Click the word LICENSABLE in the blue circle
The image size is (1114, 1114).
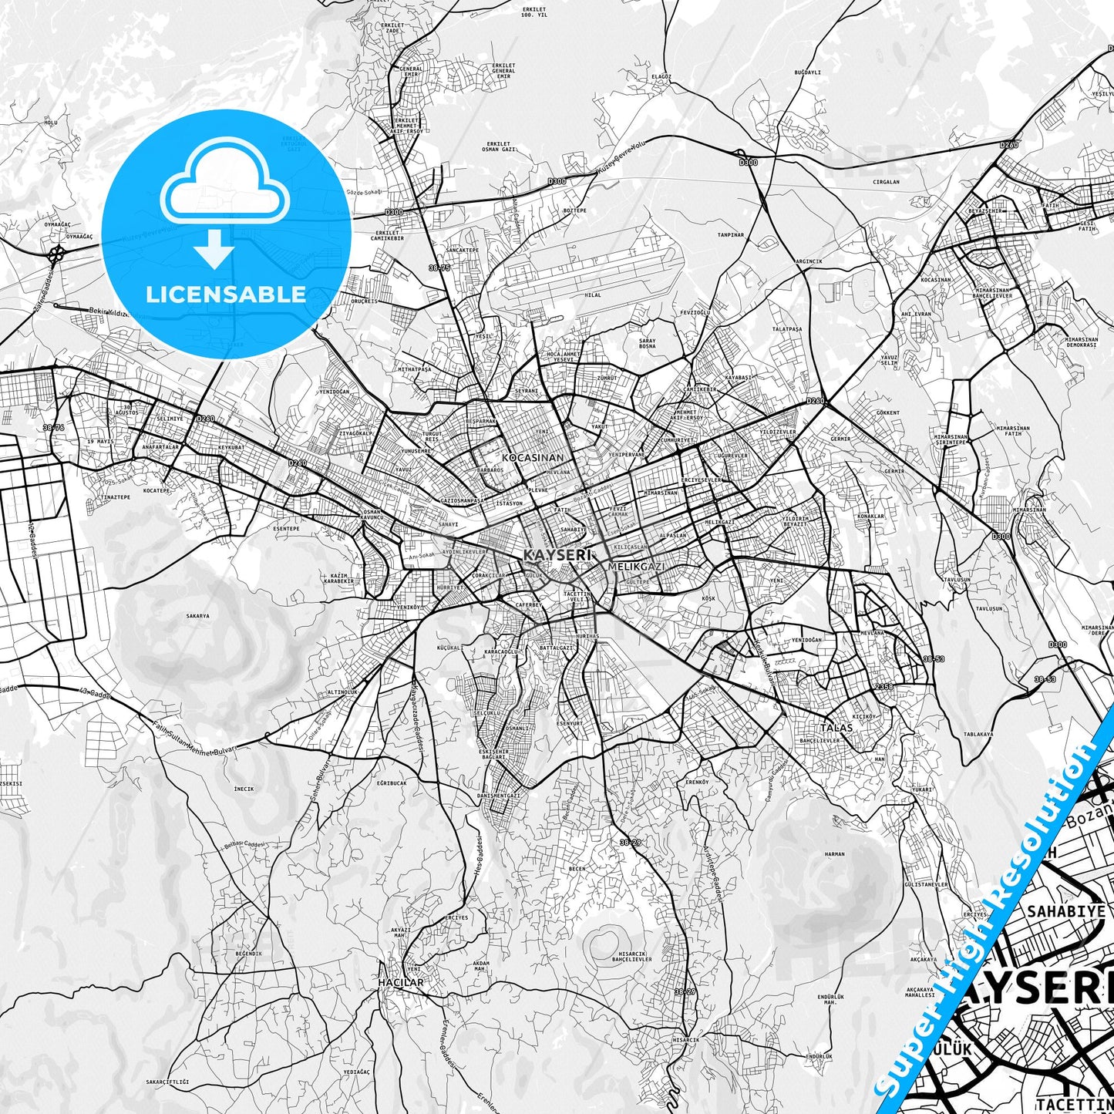(226, 294)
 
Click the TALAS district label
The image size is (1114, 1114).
(836, 728)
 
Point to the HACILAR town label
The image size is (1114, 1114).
(401, 983)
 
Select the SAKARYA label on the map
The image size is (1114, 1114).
(198, 616)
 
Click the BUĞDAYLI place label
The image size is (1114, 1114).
(807, 72)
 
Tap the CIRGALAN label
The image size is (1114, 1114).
(886, 183)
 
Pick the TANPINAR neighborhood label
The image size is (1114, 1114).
(731, 234)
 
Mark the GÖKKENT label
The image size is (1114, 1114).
(888, 412)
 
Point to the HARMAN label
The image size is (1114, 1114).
(835, 854)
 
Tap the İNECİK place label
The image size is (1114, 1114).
(244, 789)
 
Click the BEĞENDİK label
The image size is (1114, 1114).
(248, 954)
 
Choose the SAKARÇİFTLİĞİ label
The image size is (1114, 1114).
(167, 1082)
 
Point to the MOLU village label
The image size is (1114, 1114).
(51, 123)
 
